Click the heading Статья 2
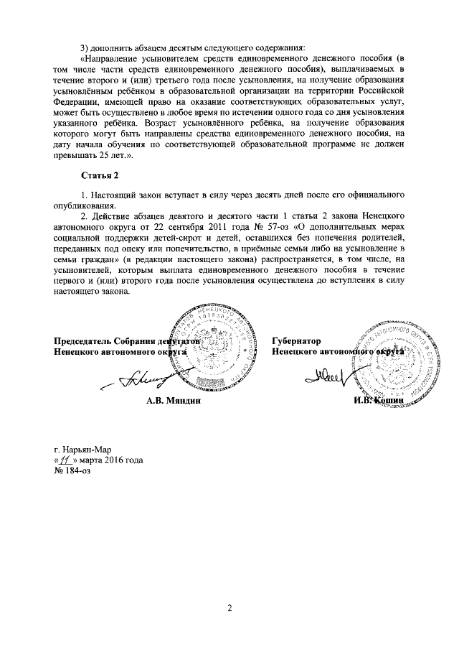tap(99, 175)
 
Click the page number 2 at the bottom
tap(229, 610)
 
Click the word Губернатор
tap(295, 340)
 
